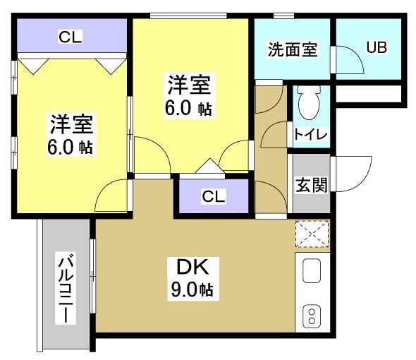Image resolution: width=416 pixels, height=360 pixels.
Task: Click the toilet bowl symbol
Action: coord(307,105)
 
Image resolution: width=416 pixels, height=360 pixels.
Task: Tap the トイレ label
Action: coord(310,135)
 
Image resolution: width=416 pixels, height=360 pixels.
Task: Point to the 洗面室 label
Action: coord(292,50)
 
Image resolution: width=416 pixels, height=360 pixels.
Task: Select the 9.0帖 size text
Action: coord(187,289)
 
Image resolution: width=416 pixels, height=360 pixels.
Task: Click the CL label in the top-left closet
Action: coord(69,37)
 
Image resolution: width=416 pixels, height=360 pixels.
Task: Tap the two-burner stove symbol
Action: coord(311,315)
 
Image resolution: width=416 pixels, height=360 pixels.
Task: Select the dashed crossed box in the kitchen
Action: coord(311,234)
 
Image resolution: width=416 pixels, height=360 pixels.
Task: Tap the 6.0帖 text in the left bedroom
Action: coord(71,148)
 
